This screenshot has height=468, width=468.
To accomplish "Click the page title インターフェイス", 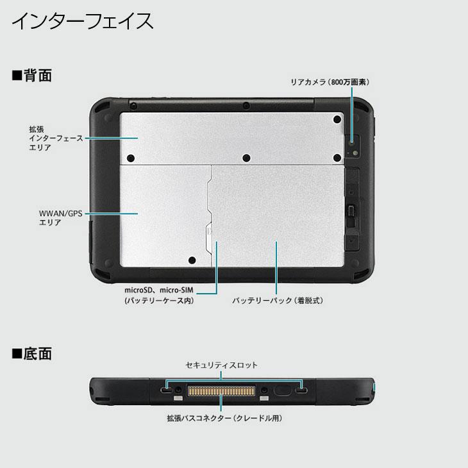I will pos(83,21).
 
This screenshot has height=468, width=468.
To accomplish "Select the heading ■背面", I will pos(31,76).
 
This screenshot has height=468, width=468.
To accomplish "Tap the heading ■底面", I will pos(31,353).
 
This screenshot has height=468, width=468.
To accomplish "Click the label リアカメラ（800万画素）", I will pos(330,82).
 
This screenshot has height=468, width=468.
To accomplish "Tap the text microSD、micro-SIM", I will pos(158,290).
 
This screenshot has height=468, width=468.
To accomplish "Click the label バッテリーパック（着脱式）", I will pos(277,299).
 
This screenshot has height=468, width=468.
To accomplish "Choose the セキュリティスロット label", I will pos(221,365).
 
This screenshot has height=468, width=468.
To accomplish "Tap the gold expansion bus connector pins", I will pos(221,390).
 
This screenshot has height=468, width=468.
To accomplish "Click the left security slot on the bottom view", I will pos(167,390).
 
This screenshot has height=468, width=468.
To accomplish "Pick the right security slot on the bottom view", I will pos(301,390).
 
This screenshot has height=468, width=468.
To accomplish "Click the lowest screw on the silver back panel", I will pos(191,260).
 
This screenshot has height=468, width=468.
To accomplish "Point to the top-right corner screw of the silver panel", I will pos(337,120).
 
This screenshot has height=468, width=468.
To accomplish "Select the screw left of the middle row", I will pos(131,158).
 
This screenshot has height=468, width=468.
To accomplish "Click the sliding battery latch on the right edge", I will pos(351,212).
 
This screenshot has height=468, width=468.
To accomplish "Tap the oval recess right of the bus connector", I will pos(281,390).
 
